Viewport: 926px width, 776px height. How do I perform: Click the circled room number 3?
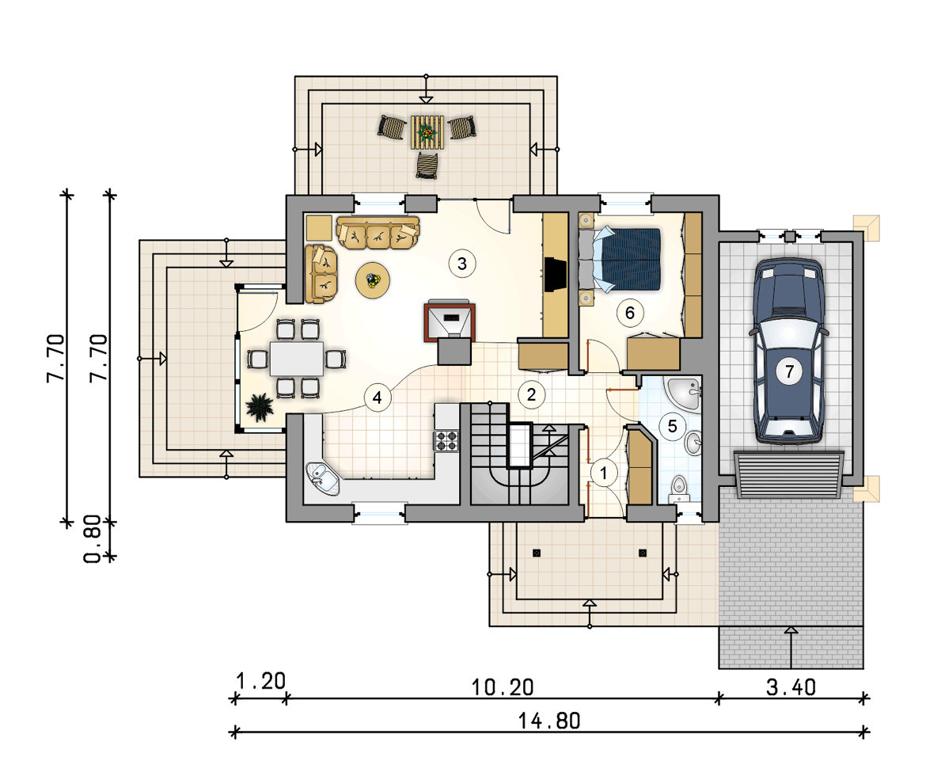tap(462, 264)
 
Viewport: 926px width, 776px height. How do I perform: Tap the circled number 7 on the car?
tap(789, 371)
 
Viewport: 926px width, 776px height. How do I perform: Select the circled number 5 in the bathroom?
tap(672, 425)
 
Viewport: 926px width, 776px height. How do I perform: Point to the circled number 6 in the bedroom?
tap(629, 313)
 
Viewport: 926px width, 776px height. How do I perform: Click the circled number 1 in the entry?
tap(604, 473)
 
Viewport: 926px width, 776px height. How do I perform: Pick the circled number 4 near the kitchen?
tap(377, 398)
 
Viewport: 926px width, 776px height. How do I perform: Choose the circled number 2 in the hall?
tap(531, 394)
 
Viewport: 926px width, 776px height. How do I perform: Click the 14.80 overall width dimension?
tap(549, 721)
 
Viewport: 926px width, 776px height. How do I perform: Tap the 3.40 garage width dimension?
tap(791, 687)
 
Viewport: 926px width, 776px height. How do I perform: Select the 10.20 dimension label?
tap(503, 687)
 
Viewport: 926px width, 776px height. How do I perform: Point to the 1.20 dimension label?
tap(260, 681)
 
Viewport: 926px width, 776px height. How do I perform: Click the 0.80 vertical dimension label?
tap(93, 539)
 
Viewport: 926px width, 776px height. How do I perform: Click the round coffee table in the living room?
tap(373, 280)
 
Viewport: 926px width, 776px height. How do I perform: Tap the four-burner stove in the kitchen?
tap(447, 441)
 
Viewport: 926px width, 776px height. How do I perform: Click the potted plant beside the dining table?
tap(260, 408)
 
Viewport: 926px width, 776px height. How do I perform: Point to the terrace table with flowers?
tap(427, 131)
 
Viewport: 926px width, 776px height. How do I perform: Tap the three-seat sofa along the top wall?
tap(378, 233)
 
